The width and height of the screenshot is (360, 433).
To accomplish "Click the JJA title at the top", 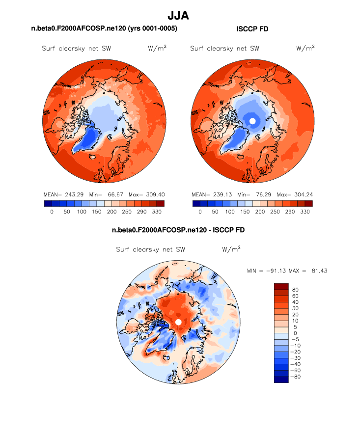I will (178, 16).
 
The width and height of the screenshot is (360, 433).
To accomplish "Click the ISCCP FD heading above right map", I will (252, 29).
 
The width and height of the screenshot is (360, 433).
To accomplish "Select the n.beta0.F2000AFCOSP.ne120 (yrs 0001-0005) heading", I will (104, 29).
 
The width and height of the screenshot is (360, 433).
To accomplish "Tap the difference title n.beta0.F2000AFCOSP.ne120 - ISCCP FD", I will (178, 230).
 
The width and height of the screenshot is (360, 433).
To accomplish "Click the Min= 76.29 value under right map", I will (252, 194).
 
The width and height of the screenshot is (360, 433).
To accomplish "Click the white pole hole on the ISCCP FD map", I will (252, 121).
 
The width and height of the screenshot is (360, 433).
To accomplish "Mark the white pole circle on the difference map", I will (178, 322).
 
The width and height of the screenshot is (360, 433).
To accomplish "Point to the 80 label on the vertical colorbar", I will (295, 290).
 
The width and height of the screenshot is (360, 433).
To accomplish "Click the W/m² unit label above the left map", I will (156, 48).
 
